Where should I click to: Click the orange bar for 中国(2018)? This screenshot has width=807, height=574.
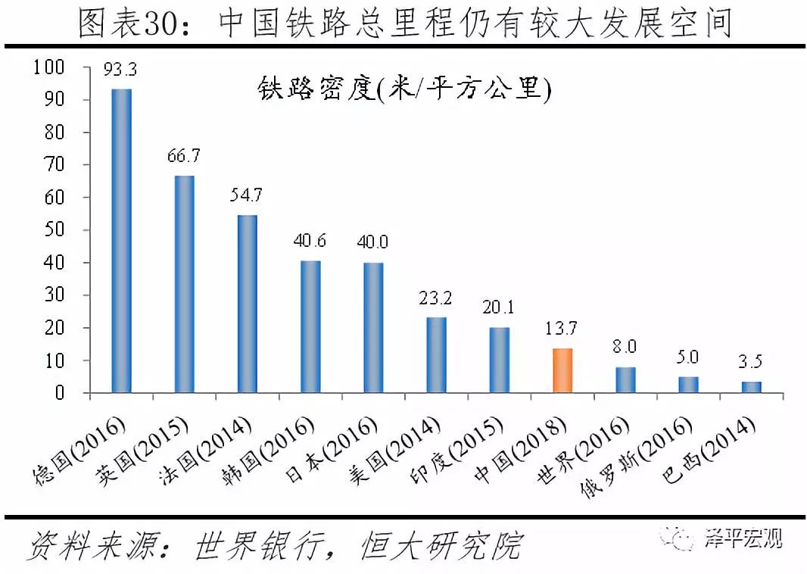click(x=562, y=370)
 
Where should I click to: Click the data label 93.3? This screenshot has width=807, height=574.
click(x=121, y=72)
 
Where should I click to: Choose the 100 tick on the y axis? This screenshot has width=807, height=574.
click(x=49, y=67)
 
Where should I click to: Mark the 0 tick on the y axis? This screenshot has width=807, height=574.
click(x=59, y=393)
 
